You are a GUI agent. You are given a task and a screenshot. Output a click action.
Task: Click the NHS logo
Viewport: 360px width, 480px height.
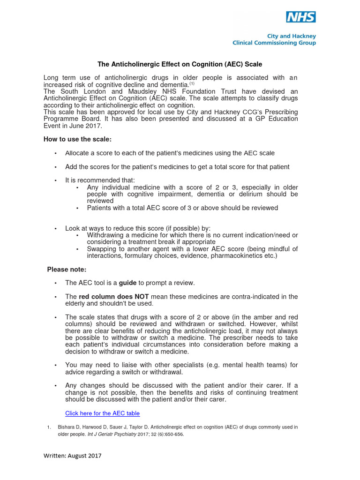tap(301, 17)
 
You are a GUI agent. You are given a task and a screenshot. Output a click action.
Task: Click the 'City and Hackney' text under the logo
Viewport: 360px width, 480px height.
tap(292, 36)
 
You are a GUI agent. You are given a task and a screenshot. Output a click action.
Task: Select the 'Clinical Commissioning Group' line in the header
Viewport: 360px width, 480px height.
tap(274, 43)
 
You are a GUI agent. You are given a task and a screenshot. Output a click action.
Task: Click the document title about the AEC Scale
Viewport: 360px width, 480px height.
tap(180, 64)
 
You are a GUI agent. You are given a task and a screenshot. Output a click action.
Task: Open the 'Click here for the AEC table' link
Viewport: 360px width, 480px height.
tap(102, 413)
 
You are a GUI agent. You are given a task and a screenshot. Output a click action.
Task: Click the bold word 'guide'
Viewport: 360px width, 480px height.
tap(127, 283)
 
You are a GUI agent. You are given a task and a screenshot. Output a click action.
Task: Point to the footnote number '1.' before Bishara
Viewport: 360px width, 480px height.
tap(49, 427)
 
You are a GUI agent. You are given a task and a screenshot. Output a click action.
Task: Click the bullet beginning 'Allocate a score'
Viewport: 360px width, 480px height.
tap(170, 153)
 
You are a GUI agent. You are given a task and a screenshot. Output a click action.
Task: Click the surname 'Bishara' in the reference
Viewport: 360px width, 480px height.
tap(67, 427)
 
